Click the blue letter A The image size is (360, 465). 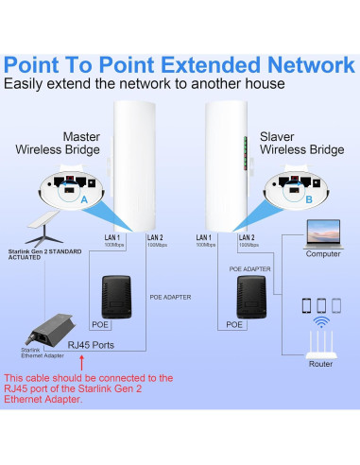(x=84, y=201)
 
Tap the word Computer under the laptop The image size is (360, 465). (x=322, y=253)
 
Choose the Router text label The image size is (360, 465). (x=320, y=364)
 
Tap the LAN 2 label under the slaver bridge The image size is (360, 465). (x=248, y=236)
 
